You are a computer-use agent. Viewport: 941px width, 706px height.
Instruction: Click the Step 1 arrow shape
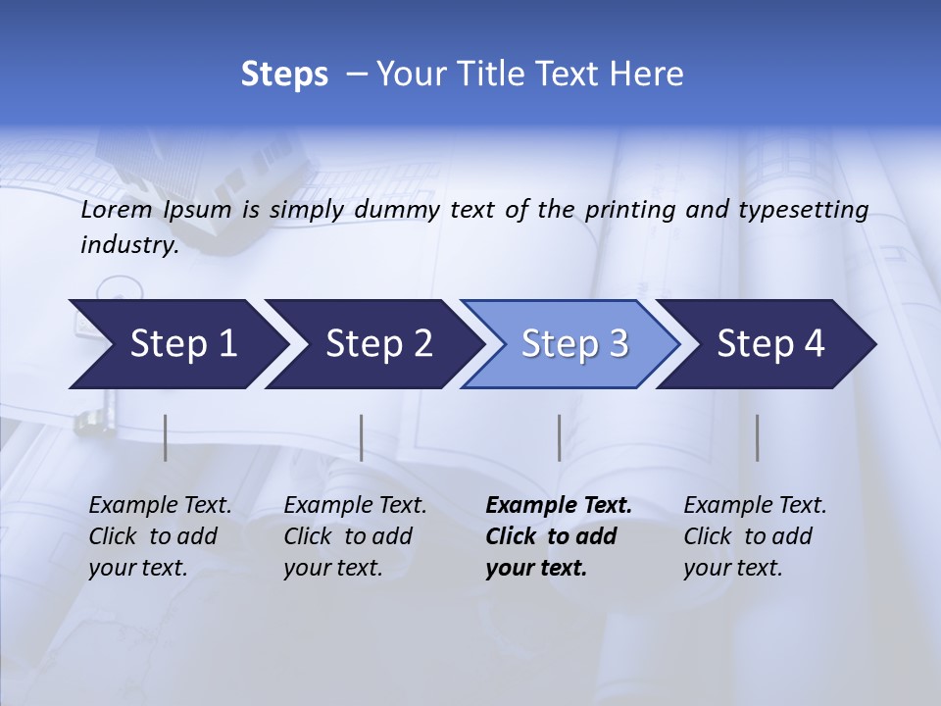tap(176, 344)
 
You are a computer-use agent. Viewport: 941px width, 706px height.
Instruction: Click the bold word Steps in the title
tap(284, 75)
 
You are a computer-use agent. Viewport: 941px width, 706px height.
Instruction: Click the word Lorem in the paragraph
tap(117, 210)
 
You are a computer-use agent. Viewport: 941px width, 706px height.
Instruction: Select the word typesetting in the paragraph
tap(810, 210)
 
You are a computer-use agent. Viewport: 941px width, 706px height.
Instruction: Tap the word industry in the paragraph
tap(128, 245)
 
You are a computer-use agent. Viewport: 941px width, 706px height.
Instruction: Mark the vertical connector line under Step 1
tap(166, 437)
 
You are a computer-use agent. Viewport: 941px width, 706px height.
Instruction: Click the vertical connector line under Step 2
tap(362, 437)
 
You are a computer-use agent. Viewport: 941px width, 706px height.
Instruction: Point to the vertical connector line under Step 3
tap(560, 437)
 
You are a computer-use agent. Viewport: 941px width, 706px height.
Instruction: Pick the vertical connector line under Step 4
tap(758, 437)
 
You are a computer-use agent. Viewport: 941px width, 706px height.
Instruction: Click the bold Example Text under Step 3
tap(559, 506)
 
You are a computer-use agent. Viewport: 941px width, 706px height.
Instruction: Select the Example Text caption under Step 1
tap(160, 506)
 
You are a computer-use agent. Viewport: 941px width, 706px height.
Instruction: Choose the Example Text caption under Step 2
tap(355, 506)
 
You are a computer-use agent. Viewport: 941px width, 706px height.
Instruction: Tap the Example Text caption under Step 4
tap(755, 506)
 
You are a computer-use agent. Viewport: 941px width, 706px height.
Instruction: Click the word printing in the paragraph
tap(628, 210)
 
